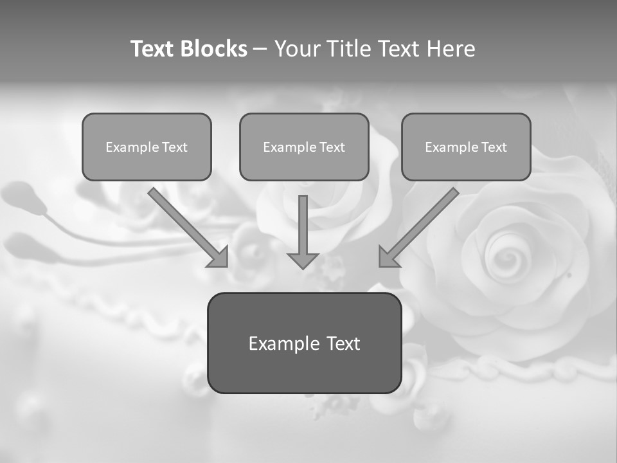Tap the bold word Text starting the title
point(153,49)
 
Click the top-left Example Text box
point(147,147)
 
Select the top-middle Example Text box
point(304,147)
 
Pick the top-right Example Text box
point(466,147)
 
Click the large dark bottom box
point(304,343)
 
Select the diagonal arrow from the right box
point(421,225)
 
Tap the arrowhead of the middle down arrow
point(303,260)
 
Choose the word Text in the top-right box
point(494,147)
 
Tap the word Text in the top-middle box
point(332,147)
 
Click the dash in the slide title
point(260,49)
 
